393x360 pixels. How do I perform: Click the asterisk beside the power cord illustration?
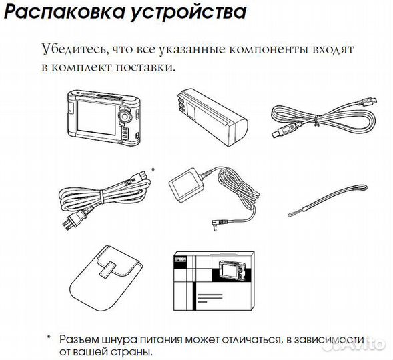coord(153,171)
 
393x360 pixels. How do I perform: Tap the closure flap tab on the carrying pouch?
coord(107,271)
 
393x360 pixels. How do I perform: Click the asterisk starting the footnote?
coord(48,339)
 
